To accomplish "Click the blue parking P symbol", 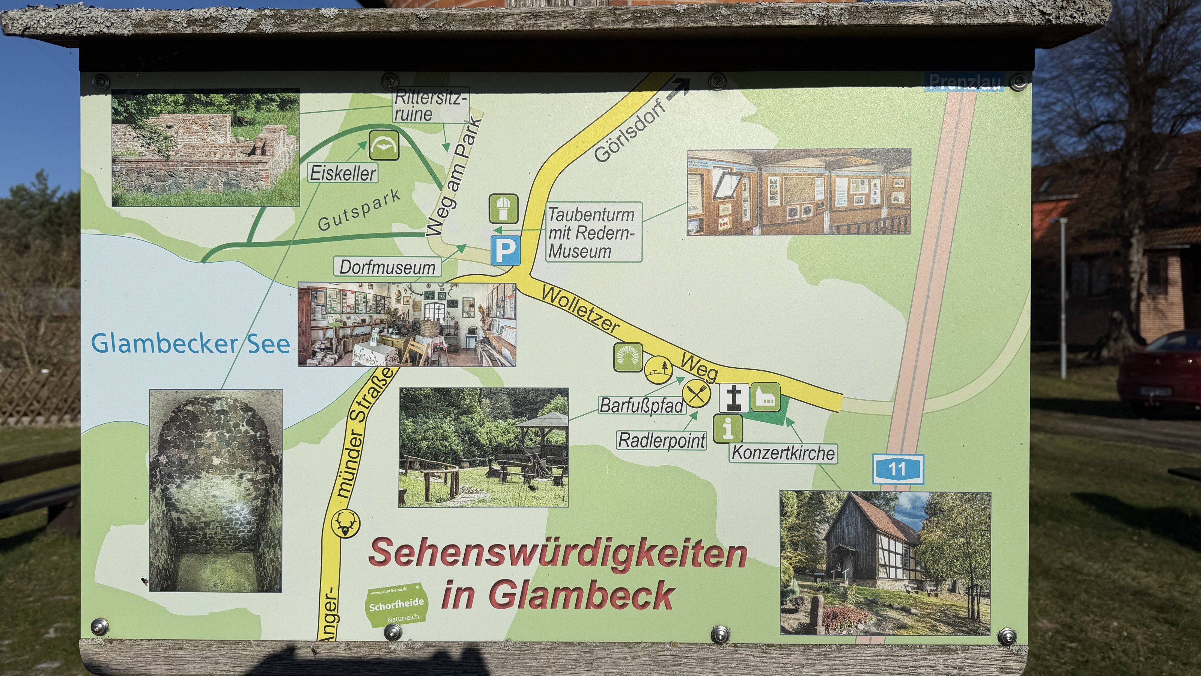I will pyautogui.click(x=505, y=250).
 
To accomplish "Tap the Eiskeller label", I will pyautogui.click(x=343, y=174).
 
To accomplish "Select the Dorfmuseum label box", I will pyautogui.click(x=387, y=267).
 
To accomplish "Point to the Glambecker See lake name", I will pyautogui.click(x=190, y=344).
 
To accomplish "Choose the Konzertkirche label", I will pyautogui.click(x=783, y=453).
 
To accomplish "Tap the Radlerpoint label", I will pyautogui.click(x=662, y=440).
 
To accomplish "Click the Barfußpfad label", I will pyautogui.click(x=641, y=406).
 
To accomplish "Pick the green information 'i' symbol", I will pyautogui.click(x=727, y=428).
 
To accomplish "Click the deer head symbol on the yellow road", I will pyautogui.click(x=345, y=523).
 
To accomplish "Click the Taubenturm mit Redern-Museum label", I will pyautogui.click(x=593, y=232).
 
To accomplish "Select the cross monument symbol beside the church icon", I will pyautogui.click(x=733, y=397).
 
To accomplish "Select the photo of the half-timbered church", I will pyautogui.click(x=885, y=563).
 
